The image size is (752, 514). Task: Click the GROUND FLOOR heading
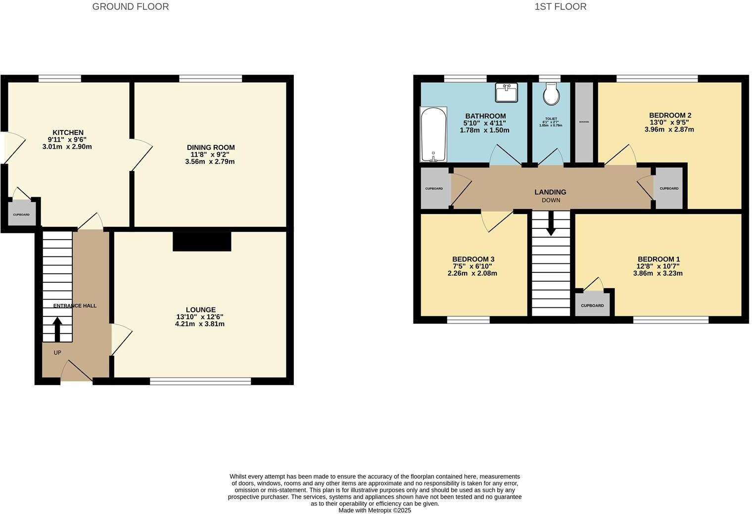click(x=130, y=7)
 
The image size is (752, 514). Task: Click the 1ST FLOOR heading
click(x=560, y=7)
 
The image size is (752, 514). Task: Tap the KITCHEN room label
click(x=68, y=132)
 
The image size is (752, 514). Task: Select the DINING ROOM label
click(x=210, y=147)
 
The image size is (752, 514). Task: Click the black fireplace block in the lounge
click(x=202, y=242)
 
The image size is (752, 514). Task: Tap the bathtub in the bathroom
click(x=433, y=134)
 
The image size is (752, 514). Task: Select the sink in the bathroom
click(x=506, y=92)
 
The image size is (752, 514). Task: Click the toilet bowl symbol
click(x=551, y=95)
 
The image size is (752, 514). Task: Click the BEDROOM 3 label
click(x=473, y=259)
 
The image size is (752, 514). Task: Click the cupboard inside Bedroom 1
click(x=592, y=305)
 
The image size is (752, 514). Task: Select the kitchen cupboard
click(x=21, y=214)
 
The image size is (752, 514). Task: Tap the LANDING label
click(x=550, y=192)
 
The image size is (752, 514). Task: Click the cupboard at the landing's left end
click(x=434, y=188)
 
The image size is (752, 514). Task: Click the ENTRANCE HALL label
click(x=75, y=305)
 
